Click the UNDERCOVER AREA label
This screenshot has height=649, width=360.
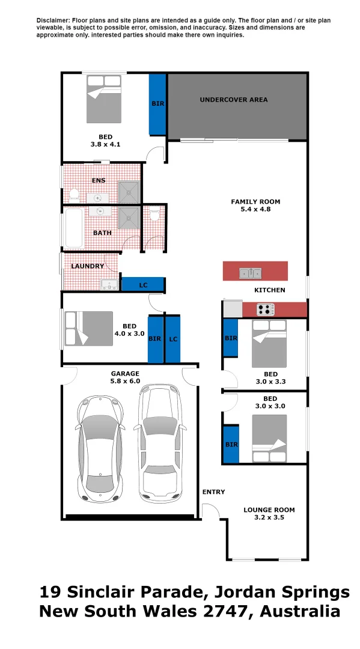(x=233, y=100)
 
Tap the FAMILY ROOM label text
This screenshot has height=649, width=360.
(x=255, y=202)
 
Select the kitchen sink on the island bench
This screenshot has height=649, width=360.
(x=250, y=273)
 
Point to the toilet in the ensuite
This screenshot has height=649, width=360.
(x=75, y=194)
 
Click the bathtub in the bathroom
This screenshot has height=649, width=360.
(x=74, y=228)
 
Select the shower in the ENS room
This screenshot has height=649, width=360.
(x=129, y=192)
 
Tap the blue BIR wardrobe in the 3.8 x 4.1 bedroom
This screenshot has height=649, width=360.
(x=157, y=104)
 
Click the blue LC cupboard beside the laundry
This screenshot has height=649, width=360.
(x=143, y=284)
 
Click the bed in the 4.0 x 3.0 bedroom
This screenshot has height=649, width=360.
(x=89, y=328)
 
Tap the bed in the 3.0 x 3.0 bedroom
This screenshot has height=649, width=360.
(x=269, y=439)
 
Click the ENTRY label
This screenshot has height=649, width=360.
(x=213, y=492)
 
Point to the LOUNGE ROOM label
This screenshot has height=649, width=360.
(x=269, y=510)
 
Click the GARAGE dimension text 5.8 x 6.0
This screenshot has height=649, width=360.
(x=125, y=381)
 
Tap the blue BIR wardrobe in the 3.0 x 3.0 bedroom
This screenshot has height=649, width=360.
(x=231, y=445)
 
